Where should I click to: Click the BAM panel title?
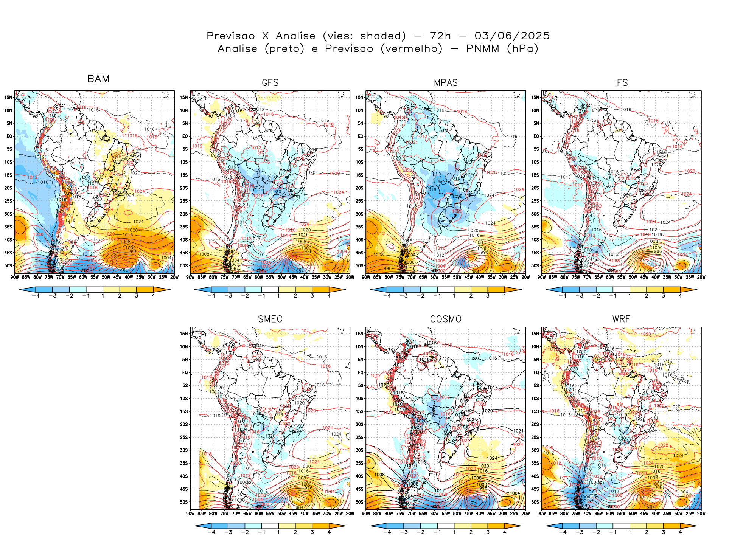pyautogui.click(x=98, y=79)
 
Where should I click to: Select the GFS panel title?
pyautogui.click(x=270, y=83)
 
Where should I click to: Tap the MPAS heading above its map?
pyautogui.click(x=446, y=83)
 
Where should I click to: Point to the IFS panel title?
pyautogui.click(x=621, y=83)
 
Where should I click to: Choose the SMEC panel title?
pyautogui.click(x=270, y=319)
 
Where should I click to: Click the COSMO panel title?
pyautogui.click(x=446, y=319)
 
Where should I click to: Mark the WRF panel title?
pyautogui.click(x=621, y=319)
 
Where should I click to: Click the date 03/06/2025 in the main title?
pyautogui.click(x=512, y=36)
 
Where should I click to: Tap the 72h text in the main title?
pyautogui.click(x=440, y=36)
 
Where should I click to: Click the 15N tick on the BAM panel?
pyautogui.click(x=8, y=97)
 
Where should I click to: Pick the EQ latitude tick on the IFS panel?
pyautogui.click(x=536, y=136)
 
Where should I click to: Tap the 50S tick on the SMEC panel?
pyautogui.click(x=184, y=502)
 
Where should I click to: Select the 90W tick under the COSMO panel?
pyautogui.click(x=366, y=514)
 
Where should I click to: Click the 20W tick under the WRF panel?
pyautogui.click(x=701, y=514)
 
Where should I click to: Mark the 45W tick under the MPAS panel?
pyautogui.click(x=469, y=277)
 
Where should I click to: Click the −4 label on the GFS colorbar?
pyautogui.click(x=211, y=296)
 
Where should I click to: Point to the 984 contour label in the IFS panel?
pyautogui.click(x=651, y=271)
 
